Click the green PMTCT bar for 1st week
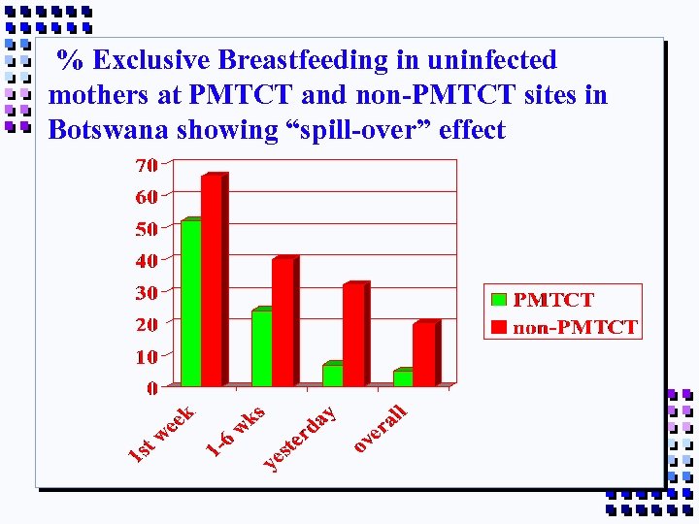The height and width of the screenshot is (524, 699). [190, 303]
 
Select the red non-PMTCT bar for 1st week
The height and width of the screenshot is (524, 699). [212, 281]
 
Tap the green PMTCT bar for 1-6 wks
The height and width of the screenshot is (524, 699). [261, 347]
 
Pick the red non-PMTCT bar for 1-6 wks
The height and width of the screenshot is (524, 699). [283, 322]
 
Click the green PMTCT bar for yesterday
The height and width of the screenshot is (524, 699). [332, 375]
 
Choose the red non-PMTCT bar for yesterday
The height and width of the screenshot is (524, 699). [353, 335]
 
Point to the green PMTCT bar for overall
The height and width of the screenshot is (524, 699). [402, 377]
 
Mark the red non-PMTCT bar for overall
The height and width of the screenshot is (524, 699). [424, 353]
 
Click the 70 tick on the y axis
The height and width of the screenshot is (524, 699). [146, 166]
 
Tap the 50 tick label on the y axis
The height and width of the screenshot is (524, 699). [146, 229]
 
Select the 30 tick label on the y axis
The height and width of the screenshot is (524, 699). [146, 292]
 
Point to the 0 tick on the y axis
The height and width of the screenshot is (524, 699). [151, 388]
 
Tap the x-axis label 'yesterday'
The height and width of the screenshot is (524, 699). [301, 438]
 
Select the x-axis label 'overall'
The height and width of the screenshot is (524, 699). [380, 427]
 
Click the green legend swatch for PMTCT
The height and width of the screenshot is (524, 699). [499, 301]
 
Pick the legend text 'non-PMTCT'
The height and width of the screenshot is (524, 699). [575, 327]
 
